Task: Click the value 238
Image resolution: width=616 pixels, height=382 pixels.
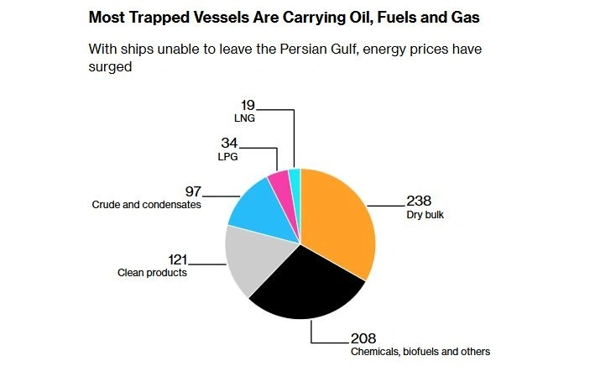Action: (420, 201)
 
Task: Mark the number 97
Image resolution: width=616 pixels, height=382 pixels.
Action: (194, 192)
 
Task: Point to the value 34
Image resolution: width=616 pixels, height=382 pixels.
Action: (229, 144)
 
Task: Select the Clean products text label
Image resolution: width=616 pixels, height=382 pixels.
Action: (152, 273)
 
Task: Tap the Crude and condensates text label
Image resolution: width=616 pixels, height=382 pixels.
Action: (146, 205)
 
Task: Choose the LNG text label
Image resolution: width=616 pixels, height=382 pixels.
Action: (244, 119)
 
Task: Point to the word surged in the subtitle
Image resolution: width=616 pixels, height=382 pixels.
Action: (111, 66)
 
